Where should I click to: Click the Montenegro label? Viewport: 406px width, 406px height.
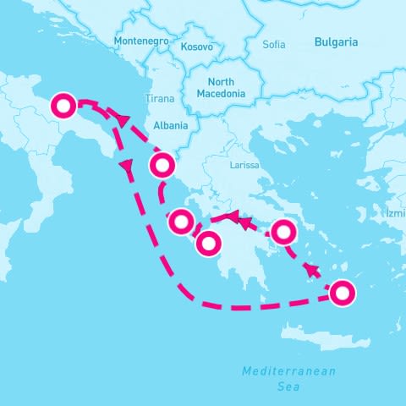click(141, 41)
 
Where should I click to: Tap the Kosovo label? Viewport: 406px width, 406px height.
click(198, 47)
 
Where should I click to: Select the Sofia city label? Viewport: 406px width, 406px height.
click(274, 44)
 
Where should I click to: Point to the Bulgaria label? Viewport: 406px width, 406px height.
click(336, 41)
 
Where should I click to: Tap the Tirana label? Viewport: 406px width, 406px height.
click(160, 99)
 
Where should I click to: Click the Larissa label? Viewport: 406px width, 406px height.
click(244, 165)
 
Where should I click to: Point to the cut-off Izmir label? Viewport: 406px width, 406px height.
click(396, 213)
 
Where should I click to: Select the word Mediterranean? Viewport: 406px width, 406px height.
click(288, 371)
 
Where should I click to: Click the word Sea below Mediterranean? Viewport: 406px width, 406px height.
click(288, 386)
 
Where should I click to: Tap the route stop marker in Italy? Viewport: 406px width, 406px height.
click(64, 107)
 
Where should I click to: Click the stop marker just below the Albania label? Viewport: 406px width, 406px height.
click(162, 164)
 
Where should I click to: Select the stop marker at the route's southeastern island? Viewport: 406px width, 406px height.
click(341, 293)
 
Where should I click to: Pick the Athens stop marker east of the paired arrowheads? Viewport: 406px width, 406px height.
click(284, 230)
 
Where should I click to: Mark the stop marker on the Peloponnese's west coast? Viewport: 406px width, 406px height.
click(208, 244)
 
